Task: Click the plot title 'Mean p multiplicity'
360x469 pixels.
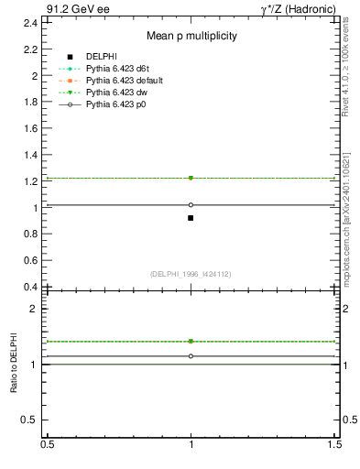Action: coord(192,37)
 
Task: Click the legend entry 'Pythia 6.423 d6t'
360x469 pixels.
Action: coord(124,69)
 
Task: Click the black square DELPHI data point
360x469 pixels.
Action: coord(191,218)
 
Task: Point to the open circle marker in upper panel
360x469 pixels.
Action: coord(191,205)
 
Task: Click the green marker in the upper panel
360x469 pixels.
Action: coord(191,178)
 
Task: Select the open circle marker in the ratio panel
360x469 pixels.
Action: coord(191,355)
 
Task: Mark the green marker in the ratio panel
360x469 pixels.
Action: coord(191,341)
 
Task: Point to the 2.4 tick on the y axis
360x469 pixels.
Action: coord(33,22)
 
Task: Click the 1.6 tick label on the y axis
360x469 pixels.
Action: coord(33,128)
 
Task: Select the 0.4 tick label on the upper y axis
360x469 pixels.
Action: coord(33,287)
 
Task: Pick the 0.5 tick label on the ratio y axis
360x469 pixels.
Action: coord(33,420)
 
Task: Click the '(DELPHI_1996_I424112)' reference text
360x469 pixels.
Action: coord(191,274)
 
